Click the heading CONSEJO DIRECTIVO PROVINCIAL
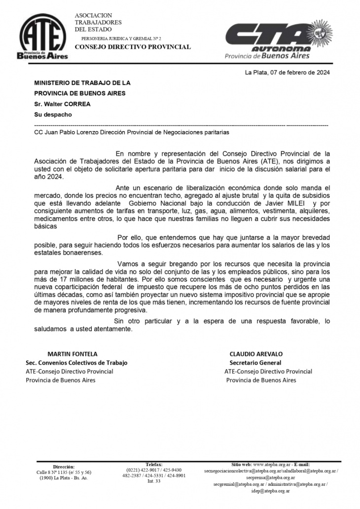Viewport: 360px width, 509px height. point(132,47)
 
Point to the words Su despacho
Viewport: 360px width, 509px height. point(53,114)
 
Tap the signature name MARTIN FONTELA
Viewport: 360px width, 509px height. point(72,354)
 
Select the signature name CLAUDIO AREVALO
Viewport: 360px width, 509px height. point(256,354)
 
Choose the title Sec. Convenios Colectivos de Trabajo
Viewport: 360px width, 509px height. point(76,363)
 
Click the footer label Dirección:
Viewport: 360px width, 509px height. point(64,466)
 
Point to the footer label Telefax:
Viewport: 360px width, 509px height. point(154,464)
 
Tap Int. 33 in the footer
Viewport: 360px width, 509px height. point(154,481)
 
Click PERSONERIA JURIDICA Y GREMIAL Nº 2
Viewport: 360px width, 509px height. point(121,38)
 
